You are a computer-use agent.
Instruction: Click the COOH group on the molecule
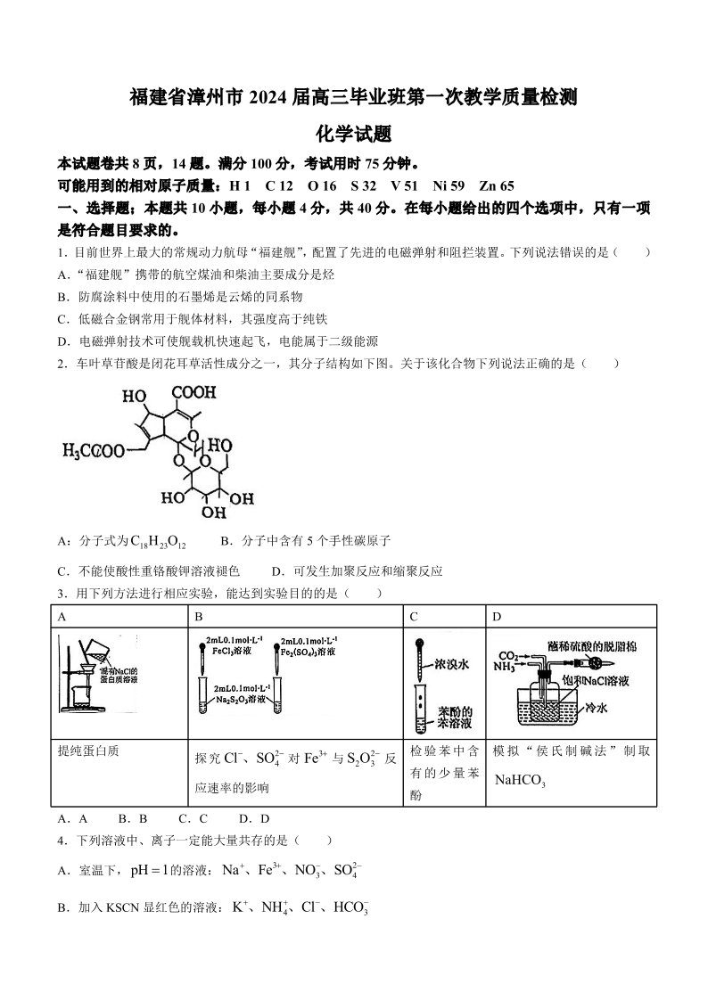193,392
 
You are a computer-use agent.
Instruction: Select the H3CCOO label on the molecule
94,452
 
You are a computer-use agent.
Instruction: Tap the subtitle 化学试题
354,133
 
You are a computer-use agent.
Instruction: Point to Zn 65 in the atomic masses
497,186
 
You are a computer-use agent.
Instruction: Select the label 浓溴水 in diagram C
453,664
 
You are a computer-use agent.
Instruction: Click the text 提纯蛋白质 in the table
87,751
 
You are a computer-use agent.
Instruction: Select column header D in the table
497,616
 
